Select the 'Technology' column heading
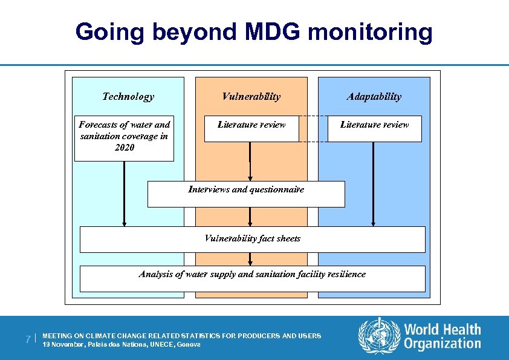pos(128,96)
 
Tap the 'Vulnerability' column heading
pos(251,96)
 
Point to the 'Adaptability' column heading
pos(374,96)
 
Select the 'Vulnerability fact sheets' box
pos(252,238)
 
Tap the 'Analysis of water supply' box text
pos(252,274)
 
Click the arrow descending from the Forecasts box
pos(124,194)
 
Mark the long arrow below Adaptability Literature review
pos(373,185)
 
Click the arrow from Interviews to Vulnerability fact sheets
pos(250,217)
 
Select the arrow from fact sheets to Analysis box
pos(250,259)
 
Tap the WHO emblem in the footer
pos(379,336)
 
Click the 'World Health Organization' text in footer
pos(443,337)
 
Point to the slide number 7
pos(28,339)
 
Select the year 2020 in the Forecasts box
pos(124,147)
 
